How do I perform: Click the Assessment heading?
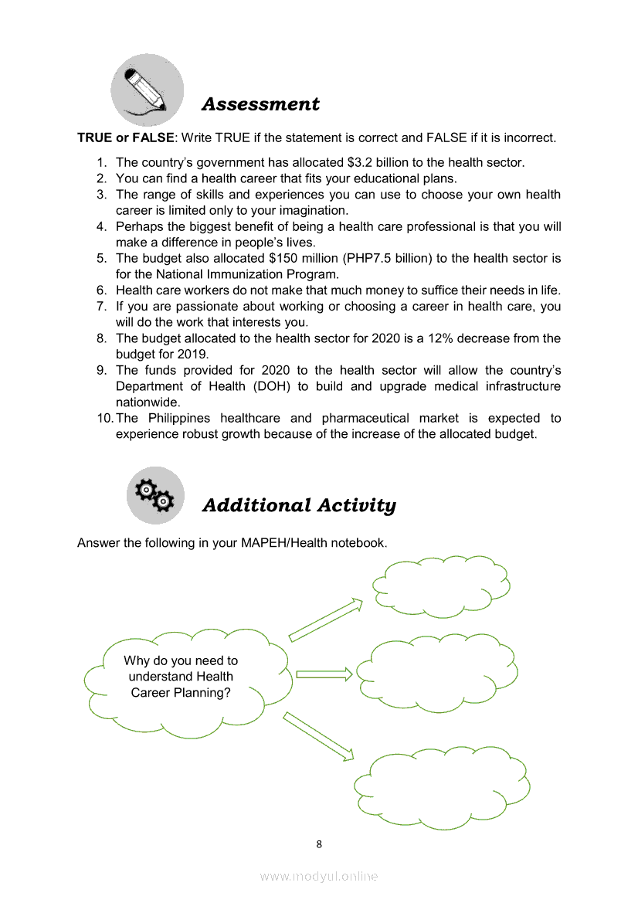coord(260,104)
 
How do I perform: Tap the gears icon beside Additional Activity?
coord(154,495)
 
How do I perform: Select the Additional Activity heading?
coord(299,505)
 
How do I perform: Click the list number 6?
coord(101,290)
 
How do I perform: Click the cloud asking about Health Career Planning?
coord(185,677)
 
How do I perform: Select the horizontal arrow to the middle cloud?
coord(324,674)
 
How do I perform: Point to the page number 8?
coord(319,844)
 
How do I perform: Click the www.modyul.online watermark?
coord(319,876)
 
